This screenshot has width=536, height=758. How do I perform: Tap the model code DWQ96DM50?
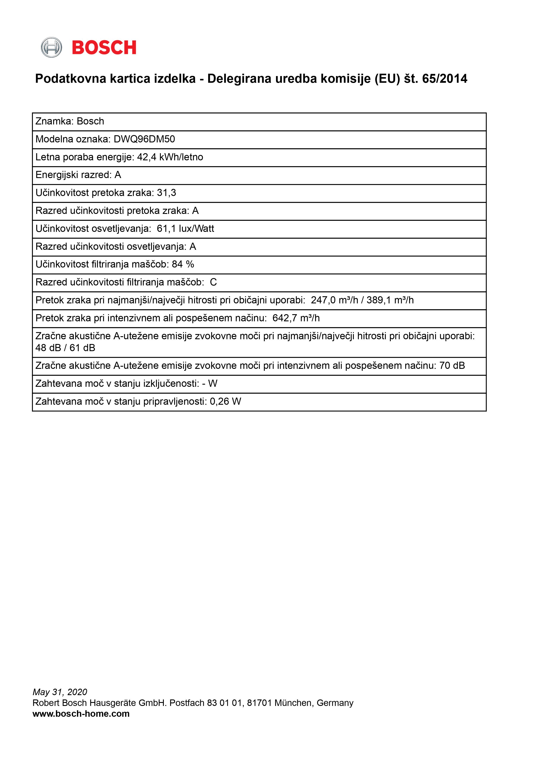tap(144, 139)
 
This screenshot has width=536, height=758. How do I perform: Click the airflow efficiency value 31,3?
tap(166, 193)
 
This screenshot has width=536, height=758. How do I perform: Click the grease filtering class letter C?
tap(213, 282)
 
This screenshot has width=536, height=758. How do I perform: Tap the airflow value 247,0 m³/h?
tap(334, 300)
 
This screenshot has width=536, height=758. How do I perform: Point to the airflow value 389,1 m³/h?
tap(390, 300)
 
